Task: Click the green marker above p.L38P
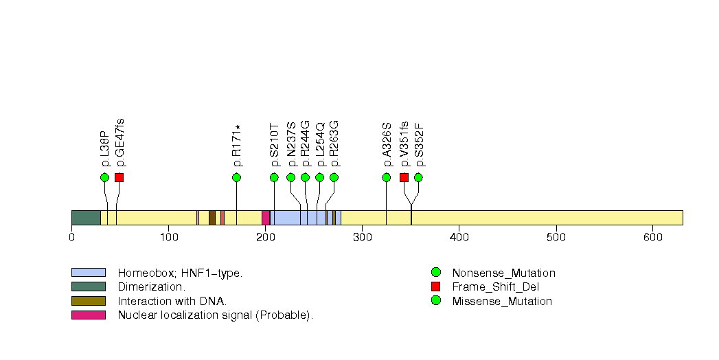click(104, 177)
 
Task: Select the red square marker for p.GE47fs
click(119, 177)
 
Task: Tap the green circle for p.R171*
click(237, 177)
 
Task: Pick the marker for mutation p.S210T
click(274, 177)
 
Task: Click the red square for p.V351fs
click(404, 177)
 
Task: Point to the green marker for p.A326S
click(386, 177)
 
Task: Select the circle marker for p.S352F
click(418, 177)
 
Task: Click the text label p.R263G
click(334, 144)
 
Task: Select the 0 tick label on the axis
click(71, 238)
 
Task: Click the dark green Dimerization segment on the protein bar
click(86, 217)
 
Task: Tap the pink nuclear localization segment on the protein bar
click(266, 217)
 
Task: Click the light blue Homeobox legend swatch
click(88, 273)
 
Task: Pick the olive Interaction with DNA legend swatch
click(88, 301)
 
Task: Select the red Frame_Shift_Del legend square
click(435, 286)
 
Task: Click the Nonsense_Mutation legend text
click(503, 273)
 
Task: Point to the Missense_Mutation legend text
click(502, 301)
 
